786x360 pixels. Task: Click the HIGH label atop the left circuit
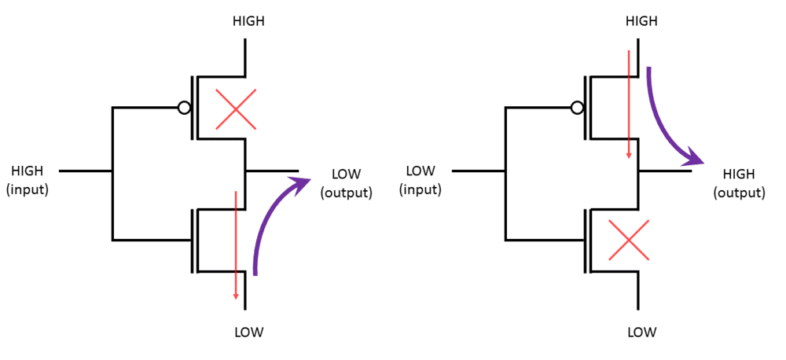pyautogui.click(x=248, y=21)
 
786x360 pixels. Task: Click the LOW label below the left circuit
pyautogui.click(x=248, y=332)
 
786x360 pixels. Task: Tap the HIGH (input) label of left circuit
pyautogui.click(x=28, y=179)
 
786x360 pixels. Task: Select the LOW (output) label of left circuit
pyautogui.click(x=346, y=182)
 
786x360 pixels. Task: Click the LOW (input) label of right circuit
pyautogui.click(x=421, y=179)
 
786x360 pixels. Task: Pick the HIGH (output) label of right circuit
pyautogui.click(x=738, y=182)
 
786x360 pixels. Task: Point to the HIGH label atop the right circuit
pyautogui.click(x=641, y=21)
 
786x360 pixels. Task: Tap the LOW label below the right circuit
pyautogui.click(x=641, y=332)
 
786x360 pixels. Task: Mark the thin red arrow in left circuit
pyautogui.click(x=236, y=244)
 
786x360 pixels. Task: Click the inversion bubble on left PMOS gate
pyautogui.click(x=184, y=108)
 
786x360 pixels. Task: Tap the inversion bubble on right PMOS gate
pyautogui.click(x=577, y=108)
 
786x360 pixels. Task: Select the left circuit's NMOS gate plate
pyautogui.click(x=192, y=240)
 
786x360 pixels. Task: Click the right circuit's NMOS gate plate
pyautogui.click(x=585, y=240)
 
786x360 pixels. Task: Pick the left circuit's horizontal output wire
pyautogui.click(x=272, y=171)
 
